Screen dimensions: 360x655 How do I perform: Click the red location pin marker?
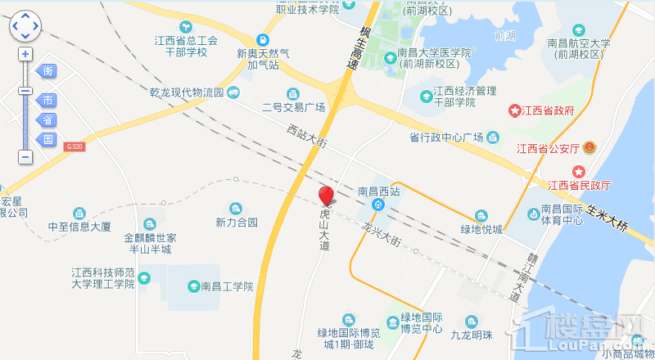tap(326, 195)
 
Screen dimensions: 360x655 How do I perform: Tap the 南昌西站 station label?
tap(378, 191)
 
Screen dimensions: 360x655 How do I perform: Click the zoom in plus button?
tap(25, 53)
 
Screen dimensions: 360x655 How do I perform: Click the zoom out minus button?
tap(25, 155)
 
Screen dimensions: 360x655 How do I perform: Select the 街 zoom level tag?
tap(48, 71)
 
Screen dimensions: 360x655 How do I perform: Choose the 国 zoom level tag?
tap(48, 139)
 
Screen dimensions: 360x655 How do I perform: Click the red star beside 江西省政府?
tap(515, 110)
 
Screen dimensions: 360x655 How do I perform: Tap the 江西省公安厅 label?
tap(547, 148)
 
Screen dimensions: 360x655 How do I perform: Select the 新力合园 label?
tap(237, 222)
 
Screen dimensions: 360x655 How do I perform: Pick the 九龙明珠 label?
tap(472, 335)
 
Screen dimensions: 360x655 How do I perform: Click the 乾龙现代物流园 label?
tap(187, 92)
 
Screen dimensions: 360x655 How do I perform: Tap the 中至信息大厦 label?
tap(79, 227)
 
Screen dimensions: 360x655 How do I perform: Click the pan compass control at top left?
tap(25, 25)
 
